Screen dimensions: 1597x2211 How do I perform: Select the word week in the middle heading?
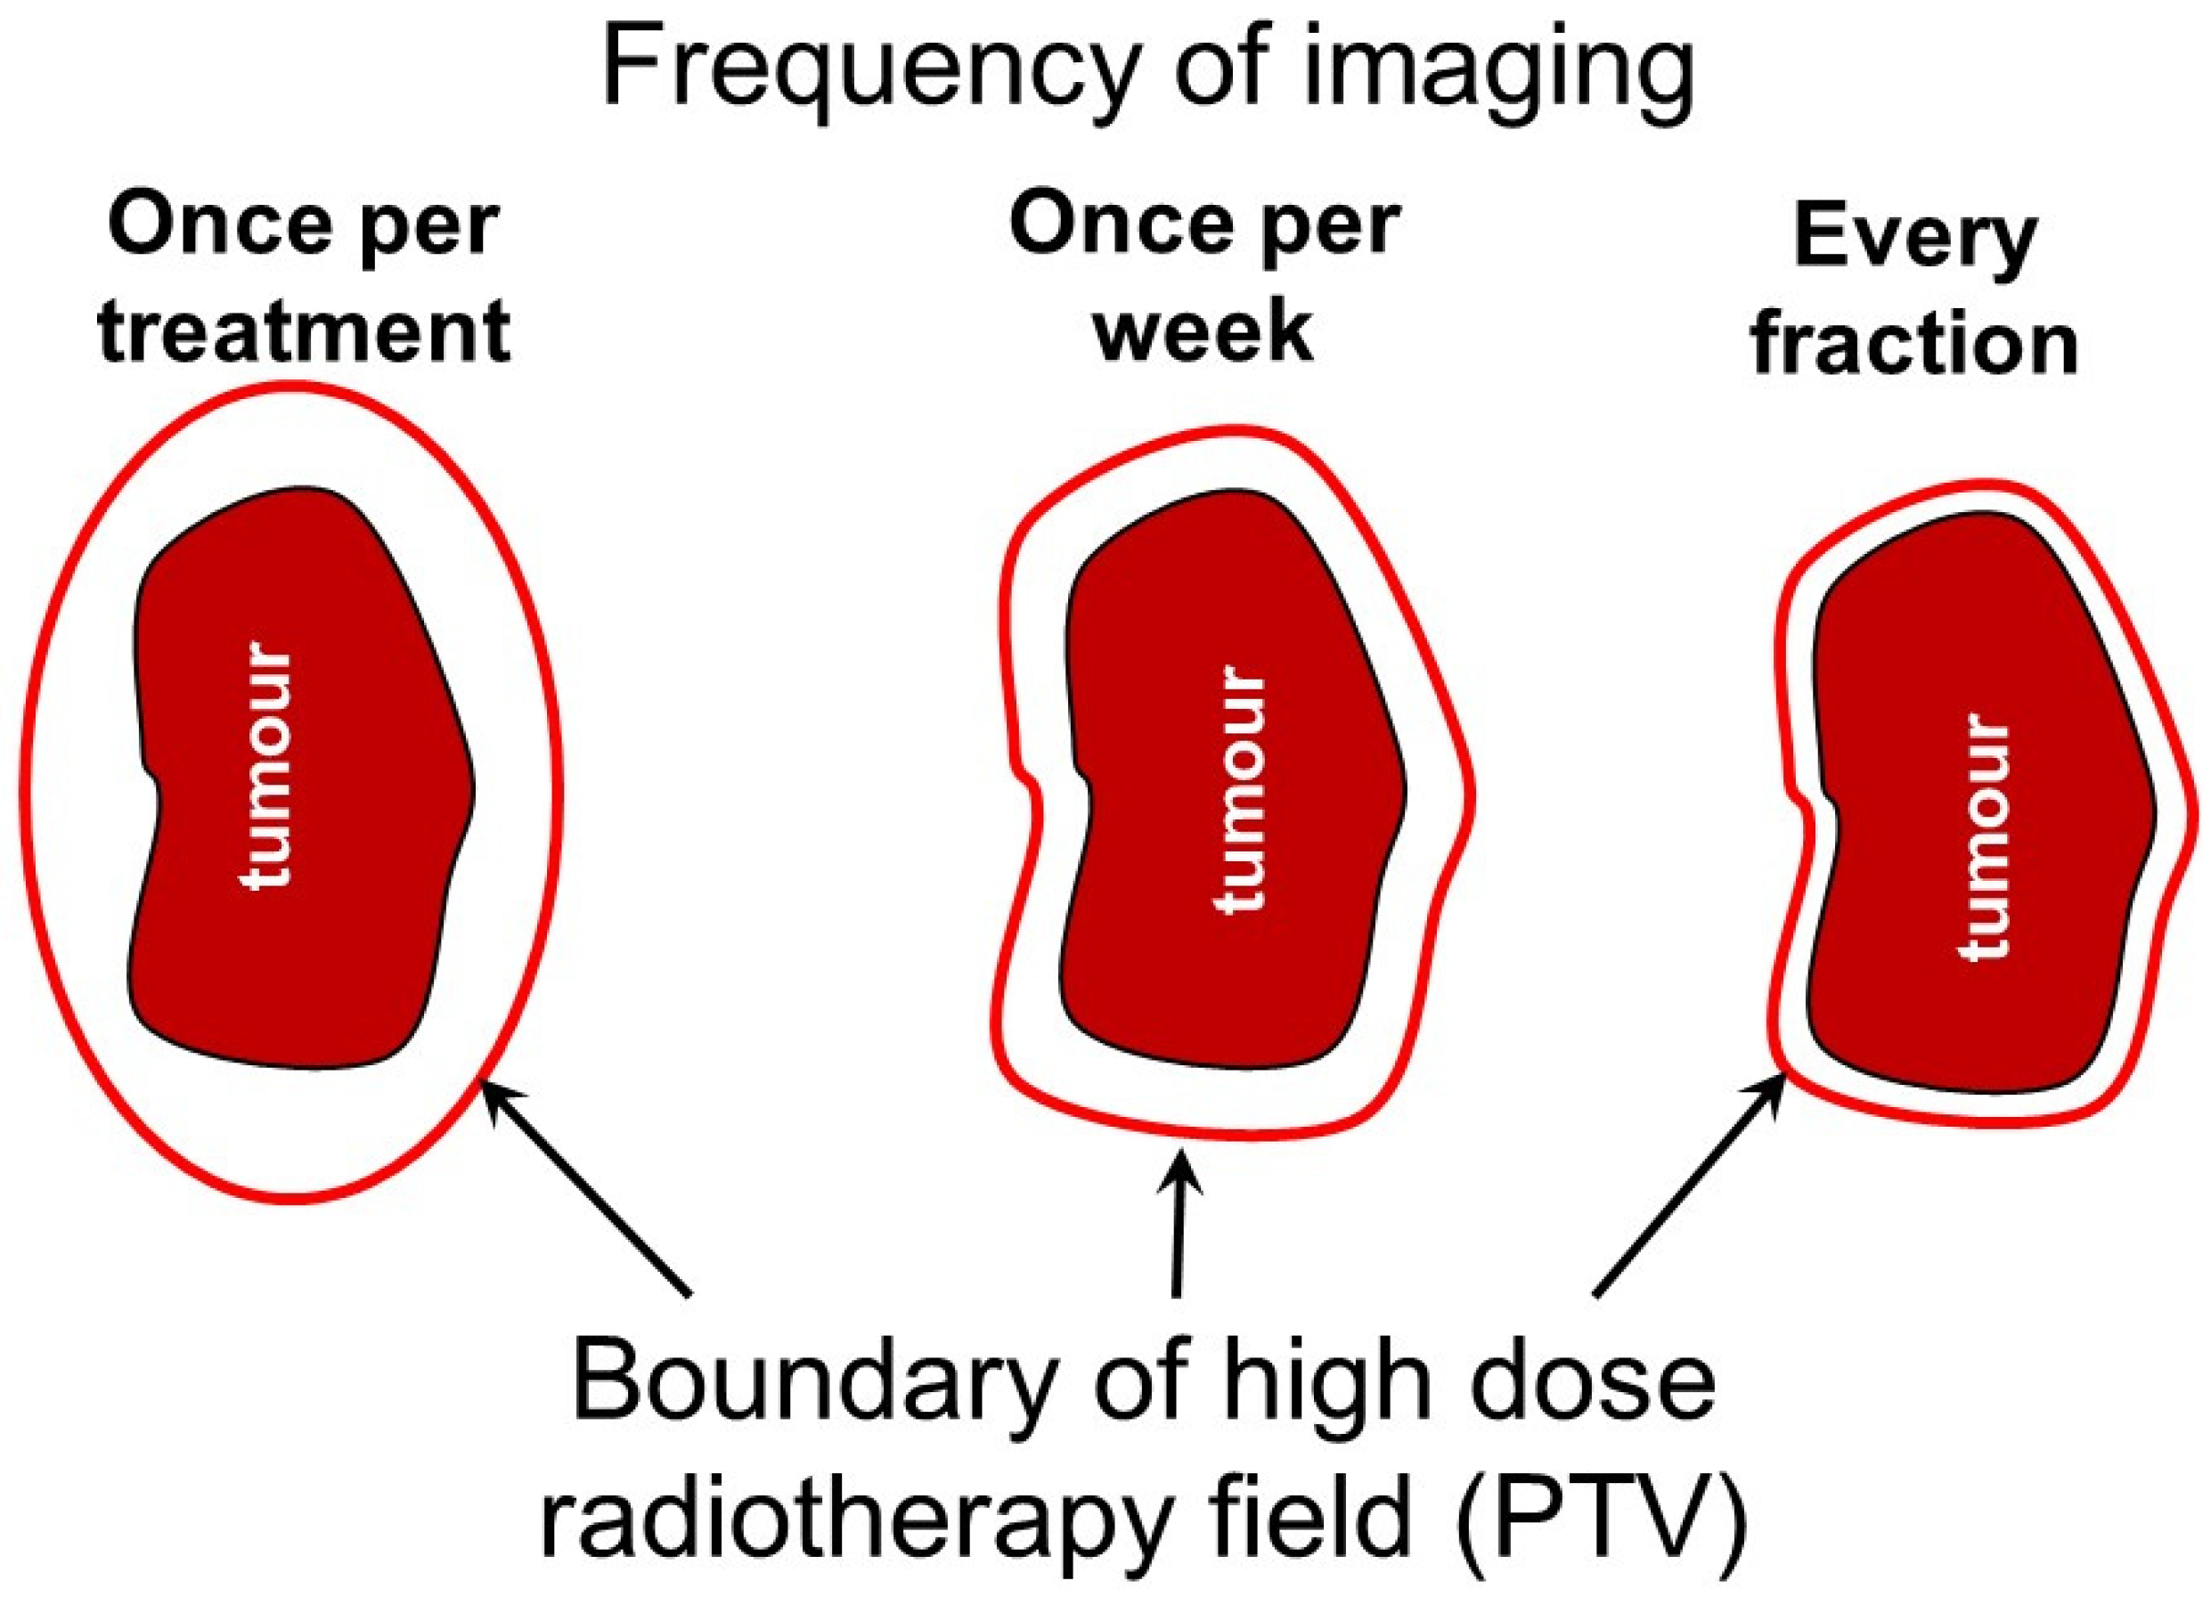(x=1205, y=330)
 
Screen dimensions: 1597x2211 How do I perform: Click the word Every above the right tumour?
(x=1915, y=239)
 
